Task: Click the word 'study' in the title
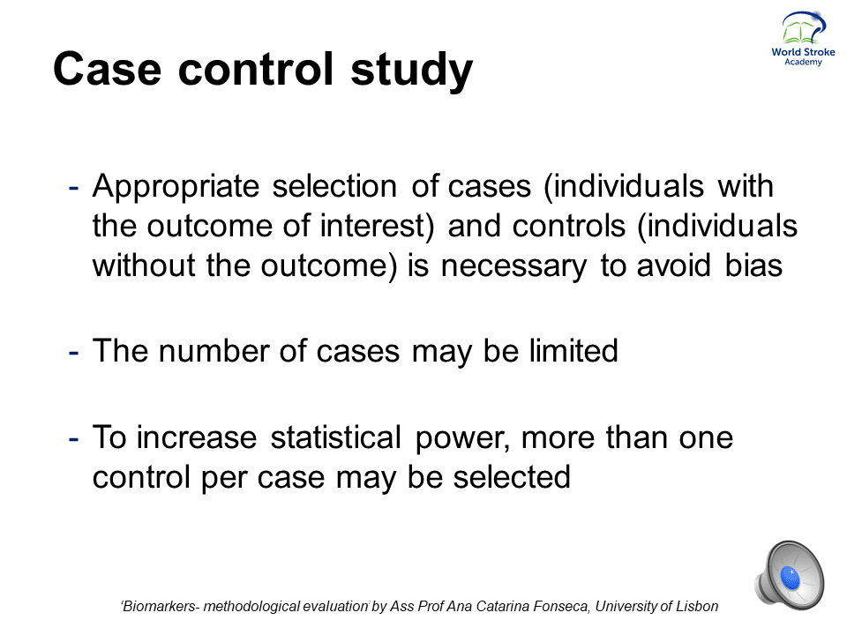click(x=412, y=69)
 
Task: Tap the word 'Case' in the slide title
click(x=107, y=68)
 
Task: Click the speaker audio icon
click(x=789, y=575)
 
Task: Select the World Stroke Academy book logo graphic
click(x=803, y=27)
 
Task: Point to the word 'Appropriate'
click(x=176, y=187)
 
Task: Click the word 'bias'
click(x=753, y=265)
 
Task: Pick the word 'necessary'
click(x=513, y=267)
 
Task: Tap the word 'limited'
click(x=573, y=350)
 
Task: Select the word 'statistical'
click(x=335, y=437)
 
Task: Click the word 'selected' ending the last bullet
click(x=511, y=477)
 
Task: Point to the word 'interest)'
click(x=377, y=226)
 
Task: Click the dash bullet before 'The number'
click(x=73, y=353)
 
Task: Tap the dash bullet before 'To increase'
click(x=73, y=439)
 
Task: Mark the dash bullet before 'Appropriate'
click(x=73, y=189)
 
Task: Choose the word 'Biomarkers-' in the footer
click(x=161, y=607)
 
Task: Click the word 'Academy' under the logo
click(x=803, y=62)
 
